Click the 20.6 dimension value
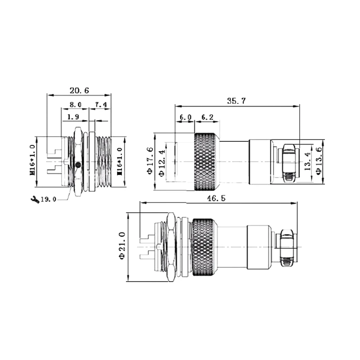[79, 90]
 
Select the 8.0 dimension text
[75, 105]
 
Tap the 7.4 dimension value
[100, 105]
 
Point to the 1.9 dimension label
[73, 117]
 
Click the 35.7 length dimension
[236, 101]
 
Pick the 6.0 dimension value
[185, 117]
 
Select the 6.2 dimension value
[207, 117]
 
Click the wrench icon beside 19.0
[32, 199]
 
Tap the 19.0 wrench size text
[48, 199]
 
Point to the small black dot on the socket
[78, 165]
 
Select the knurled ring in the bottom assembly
[205, 247]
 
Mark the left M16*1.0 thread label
[32, 159]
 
